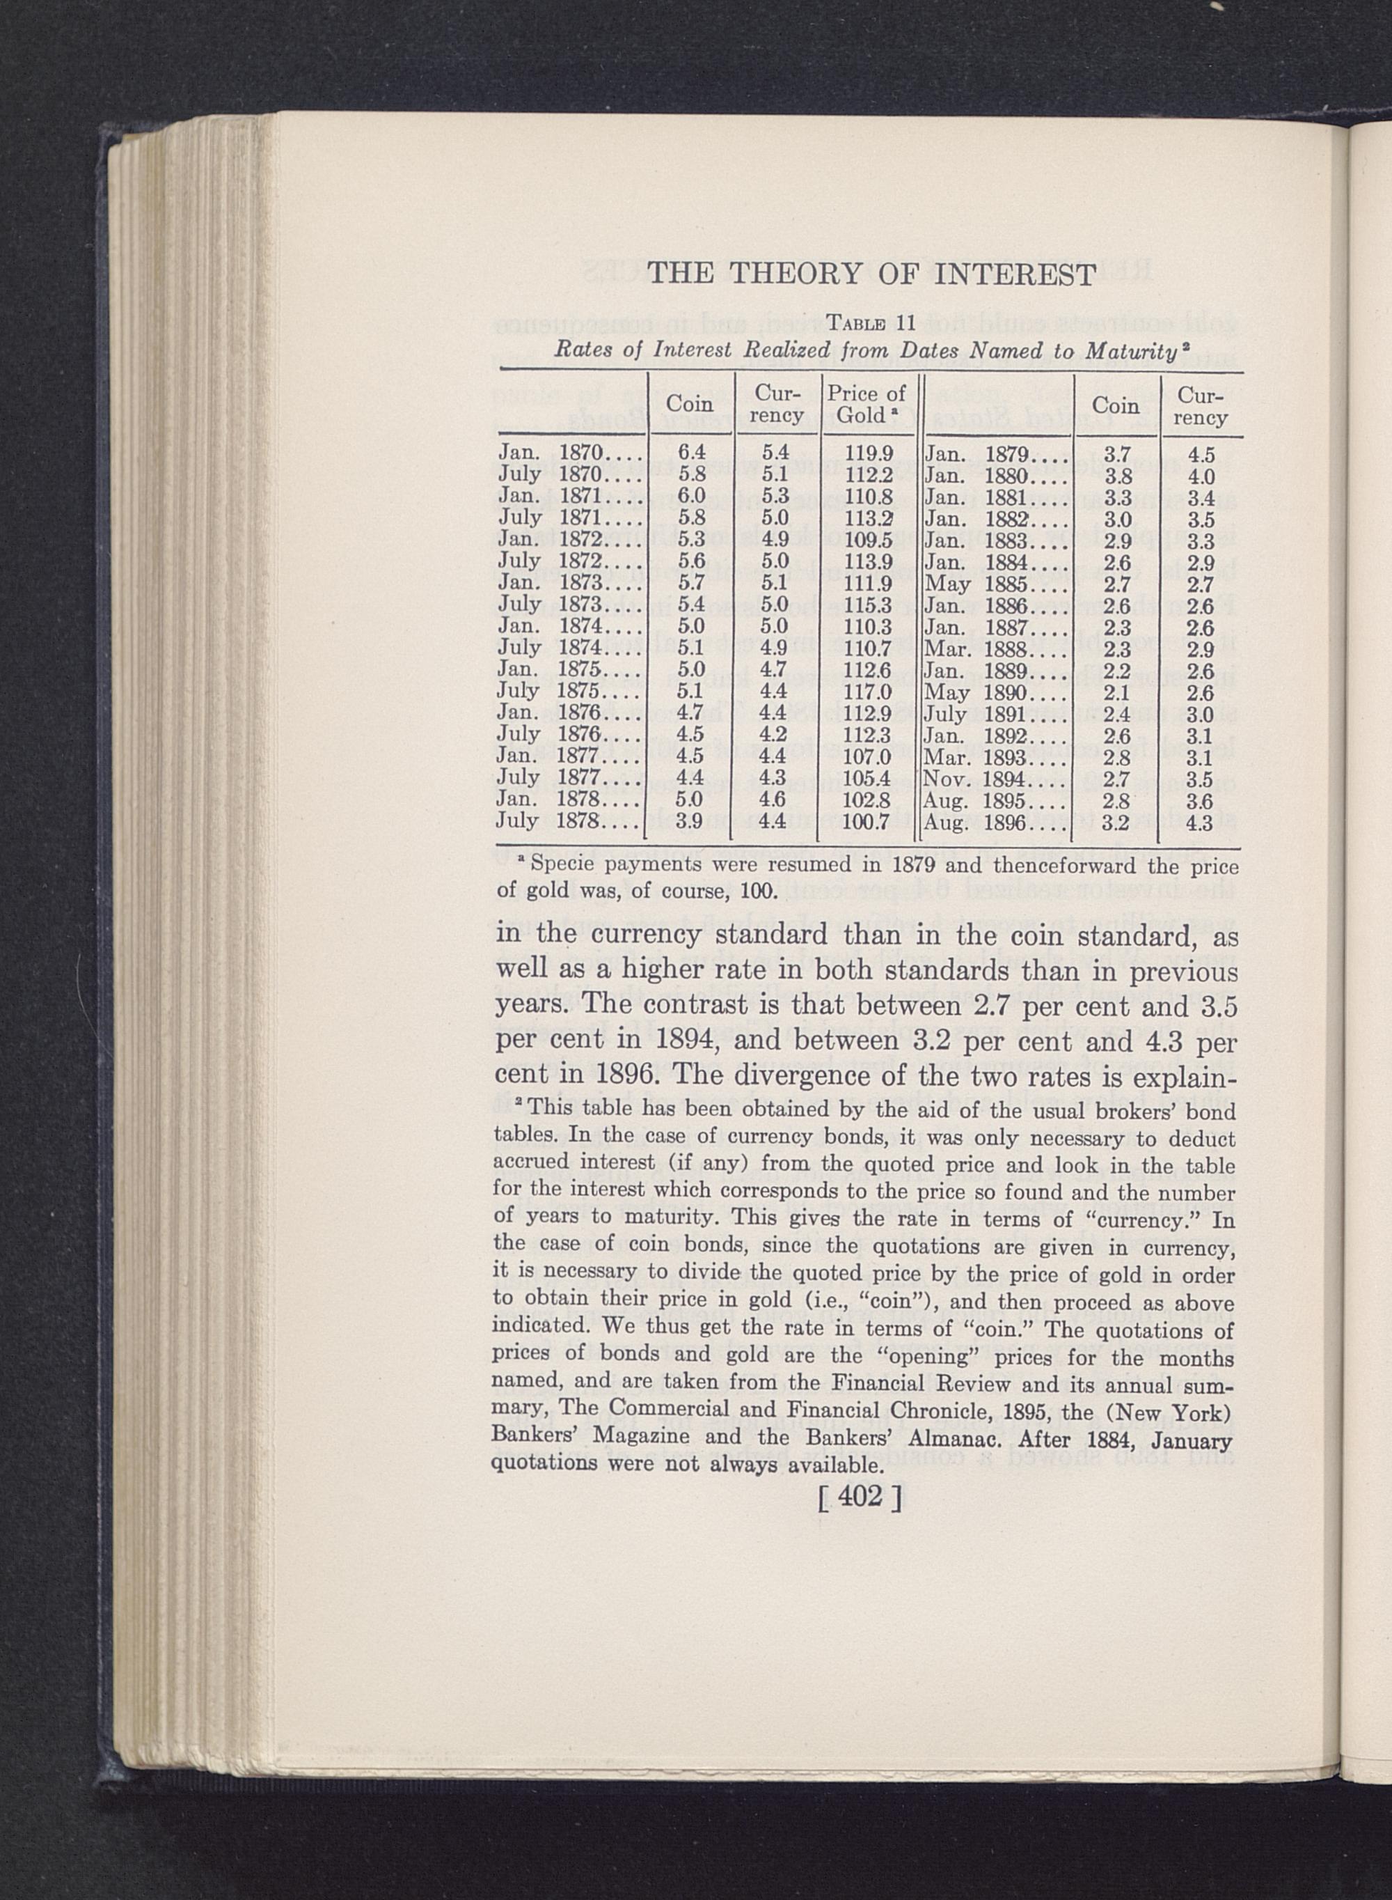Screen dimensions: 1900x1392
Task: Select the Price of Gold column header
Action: pos(867,404)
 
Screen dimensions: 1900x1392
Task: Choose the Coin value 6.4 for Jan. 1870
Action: pos(691,453)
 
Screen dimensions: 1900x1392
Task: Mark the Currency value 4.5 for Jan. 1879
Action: pos(1201,455)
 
